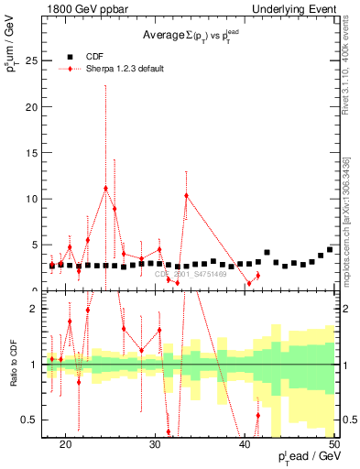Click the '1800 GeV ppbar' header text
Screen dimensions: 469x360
pos(81,7)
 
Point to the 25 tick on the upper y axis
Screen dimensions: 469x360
pos(35,61)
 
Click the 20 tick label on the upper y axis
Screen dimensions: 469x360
pos(35,107)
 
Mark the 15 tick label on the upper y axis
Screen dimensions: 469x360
pos(35,153)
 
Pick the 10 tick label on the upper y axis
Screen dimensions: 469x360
pos(35,199)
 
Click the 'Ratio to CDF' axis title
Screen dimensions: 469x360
pos(14,365)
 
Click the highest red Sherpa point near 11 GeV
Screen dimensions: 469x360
pos(106,189)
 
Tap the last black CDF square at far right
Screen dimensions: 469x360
pos(330,249)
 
